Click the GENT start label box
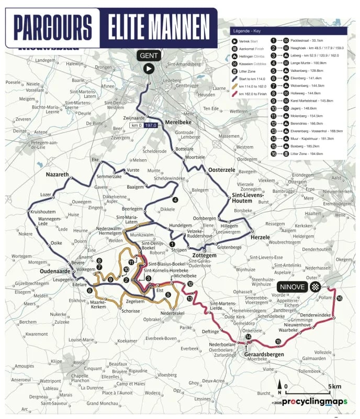pyautogui.click(x=149, y=56)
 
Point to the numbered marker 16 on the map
pyautogui.click(x=340, y=298)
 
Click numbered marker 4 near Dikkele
pyautogui.click(x=175, y=199)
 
